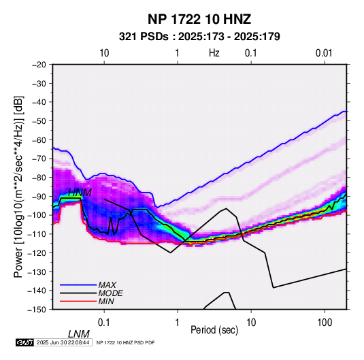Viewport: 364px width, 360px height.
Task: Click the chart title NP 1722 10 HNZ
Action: click(199, 19)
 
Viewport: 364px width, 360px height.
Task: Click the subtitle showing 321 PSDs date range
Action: click(199, 37)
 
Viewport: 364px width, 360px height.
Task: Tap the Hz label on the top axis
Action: click(214, 53)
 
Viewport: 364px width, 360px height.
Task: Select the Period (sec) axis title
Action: click(214, 330)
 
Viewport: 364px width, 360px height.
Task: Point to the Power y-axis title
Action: click(18, 187)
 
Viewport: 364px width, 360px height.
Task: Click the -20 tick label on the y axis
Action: click(39, 65)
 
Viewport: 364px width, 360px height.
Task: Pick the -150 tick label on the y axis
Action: click(37, 310)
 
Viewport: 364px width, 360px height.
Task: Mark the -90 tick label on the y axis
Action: click(39, 196)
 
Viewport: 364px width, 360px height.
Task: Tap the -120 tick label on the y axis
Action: click(37, 252)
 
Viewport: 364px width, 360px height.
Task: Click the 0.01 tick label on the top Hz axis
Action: click(324, 53)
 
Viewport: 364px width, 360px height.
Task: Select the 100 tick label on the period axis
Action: click(325, 323)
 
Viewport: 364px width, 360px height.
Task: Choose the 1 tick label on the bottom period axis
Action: click(178, 323)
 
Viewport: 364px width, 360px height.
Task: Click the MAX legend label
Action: click(107, 284)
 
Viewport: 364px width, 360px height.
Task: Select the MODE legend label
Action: click(110, 293)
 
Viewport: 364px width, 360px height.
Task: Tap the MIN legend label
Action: click(106, 301)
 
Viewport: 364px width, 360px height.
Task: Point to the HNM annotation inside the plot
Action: click(80, 193)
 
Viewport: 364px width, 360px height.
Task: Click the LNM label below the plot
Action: click(78, 334)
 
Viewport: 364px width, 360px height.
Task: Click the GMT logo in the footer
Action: click(24, 342)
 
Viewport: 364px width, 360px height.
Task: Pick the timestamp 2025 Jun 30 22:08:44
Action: click(63, 342)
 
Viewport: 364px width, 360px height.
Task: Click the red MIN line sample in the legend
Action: click(78, 301)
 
